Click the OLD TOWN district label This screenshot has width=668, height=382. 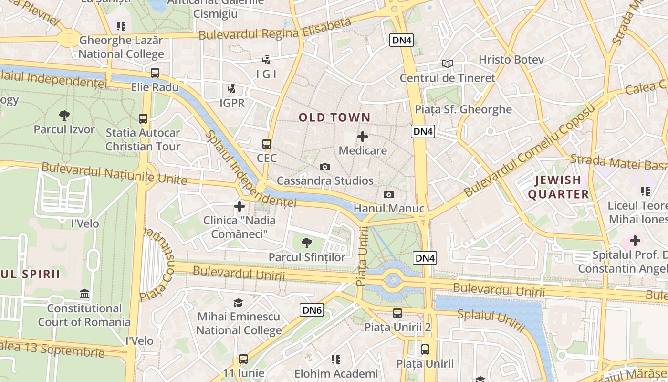pos(334,117)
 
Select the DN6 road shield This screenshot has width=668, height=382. pos(312,310)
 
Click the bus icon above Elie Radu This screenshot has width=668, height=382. pos(155,73)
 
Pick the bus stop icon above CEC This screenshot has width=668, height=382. pos(267,144)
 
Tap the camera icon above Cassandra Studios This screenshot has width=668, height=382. pos(325,167)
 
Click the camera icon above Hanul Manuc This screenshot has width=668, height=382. pos(389,194)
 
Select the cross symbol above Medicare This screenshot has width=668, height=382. pos(363,137)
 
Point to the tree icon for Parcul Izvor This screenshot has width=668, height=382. pos(64,115)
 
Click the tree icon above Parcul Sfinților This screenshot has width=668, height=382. pos(307,243)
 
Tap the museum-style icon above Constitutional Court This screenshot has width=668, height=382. pos(85,294)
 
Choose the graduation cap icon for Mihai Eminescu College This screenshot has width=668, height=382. pos(238,303)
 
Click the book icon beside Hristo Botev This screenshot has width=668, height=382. pos(447,64)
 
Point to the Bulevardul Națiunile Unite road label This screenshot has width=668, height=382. pos(114,173)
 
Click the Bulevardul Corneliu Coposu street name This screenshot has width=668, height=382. pos(530,150)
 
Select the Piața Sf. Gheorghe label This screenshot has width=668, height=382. pos(463,109)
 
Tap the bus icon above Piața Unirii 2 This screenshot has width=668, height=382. pos(397,313)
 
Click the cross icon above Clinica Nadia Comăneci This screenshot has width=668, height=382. pos(240,206)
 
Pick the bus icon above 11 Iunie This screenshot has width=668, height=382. pos(243,359)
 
